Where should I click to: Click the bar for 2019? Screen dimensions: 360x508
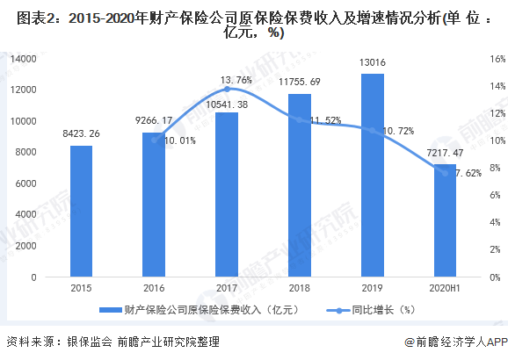click(372, 175)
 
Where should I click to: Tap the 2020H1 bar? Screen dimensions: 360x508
click(445, 220)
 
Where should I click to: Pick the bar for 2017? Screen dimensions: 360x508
click(227, 194)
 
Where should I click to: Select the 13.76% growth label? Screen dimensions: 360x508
click(225, 79)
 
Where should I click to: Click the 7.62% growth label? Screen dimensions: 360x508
click(467, 173)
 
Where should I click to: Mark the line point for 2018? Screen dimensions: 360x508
click(300, 119)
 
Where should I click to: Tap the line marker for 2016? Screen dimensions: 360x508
click(154, 140)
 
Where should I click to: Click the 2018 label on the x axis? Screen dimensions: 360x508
click(300, 287)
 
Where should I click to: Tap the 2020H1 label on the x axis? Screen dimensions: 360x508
click(445, 287)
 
